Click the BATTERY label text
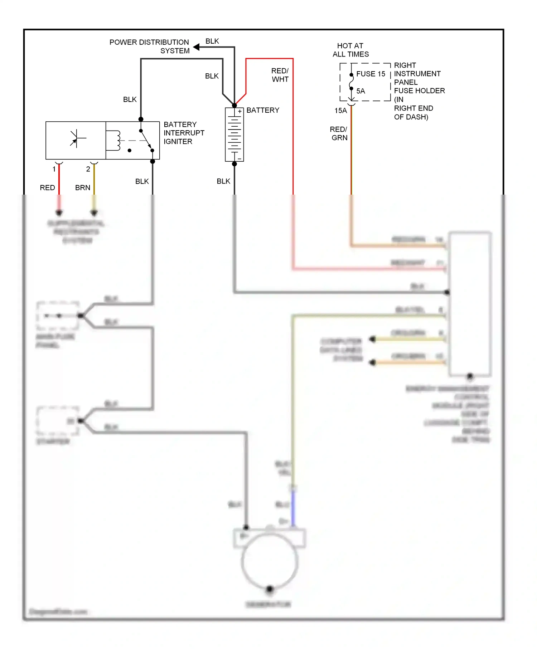[263, 110]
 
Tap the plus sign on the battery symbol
[240, 111]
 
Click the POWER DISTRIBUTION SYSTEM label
[149, 47]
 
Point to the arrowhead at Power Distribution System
[196, 47]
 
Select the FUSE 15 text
[371, 74]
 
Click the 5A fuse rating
[361, 91]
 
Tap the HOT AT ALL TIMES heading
[350, 50]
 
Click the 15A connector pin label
[340, 111]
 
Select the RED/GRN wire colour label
[339, 133]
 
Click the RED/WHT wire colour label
[280, 75]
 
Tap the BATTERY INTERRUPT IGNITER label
[184, 133]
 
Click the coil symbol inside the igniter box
[117, 140]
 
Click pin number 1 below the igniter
[54, 169]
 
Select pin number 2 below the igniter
[88, 169]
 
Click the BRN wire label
[83, 188]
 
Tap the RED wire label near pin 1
[47, 188]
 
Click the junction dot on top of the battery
[234, 106]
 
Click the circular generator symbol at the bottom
[270, 562]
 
